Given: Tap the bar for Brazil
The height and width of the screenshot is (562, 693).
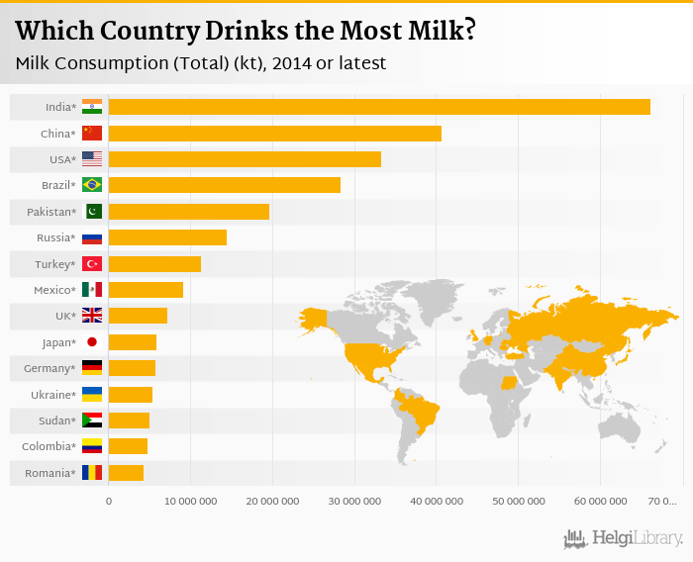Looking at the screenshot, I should (224, 185).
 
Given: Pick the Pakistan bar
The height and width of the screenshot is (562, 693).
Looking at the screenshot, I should (188, 212).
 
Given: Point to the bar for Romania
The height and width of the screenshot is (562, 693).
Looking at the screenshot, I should (126, 473).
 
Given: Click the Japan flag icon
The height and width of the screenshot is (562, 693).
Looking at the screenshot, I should (92, 342).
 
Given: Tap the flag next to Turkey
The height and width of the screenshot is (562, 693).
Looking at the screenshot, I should (92, 264).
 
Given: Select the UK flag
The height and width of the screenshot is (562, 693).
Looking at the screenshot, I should (92, 316).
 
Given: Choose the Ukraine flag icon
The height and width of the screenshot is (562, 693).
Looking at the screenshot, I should (92, 395).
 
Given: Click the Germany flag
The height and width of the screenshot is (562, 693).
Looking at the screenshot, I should (92, 368).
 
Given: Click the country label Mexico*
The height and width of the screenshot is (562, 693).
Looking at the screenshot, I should (53, 290).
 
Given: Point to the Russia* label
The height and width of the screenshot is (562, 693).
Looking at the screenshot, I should (56, 237).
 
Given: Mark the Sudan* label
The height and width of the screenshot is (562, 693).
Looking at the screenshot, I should (57, 421).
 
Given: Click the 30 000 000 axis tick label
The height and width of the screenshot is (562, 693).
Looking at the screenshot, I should (354, 502).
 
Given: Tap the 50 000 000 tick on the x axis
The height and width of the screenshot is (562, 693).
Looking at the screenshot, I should (519, 502).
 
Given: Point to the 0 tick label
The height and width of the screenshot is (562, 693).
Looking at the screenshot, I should (109, 502).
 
